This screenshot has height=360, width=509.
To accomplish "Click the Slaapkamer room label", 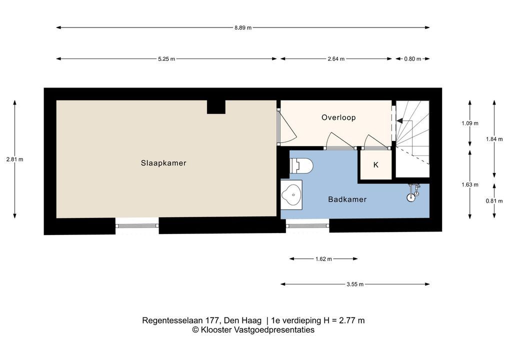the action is point(163,163).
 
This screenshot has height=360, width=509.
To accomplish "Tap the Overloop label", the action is point(338,117).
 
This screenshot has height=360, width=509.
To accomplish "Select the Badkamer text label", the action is point(347,199).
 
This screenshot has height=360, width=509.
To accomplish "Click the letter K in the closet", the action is point(376,165).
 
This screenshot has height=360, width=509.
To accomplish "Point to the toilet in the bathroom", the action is point(301,165).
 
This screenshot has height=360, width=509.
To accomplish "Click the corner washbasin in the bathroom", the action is point(291,195).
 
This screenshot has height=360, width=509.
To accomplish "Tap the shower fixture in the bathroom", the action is point(413,192).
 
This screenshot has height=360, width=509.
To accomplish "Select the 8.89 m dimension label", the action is point(243,27).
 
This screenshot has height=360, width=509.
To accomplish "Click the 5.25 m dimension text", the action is point(166,59).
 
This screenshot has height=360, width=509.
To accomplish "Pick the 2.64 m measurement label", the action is point(336,59).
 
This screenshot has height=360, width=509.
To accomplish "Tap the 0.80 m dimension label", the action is point(412,59).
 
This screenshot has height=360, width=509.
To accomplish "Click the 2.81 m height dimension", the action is point(14,159).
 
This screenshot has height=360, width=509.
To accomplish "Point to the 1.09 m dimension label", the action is point(469,123).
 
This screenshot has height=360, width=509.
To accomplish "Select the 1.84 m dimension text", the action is point(494,139).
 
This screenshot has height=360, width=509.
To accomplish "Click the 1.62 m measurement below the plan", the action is point(323,259).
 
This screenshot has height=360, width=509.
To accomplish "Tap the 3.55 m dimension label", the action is point(355,284).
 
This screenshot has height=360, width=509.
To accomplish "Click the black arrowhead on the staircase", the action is point(399,121).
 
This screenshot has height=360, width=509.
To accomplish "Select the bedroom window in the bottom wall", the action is point(137,225).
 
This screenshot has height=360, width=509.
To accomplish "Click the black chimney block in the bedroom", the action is point(216,107).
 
